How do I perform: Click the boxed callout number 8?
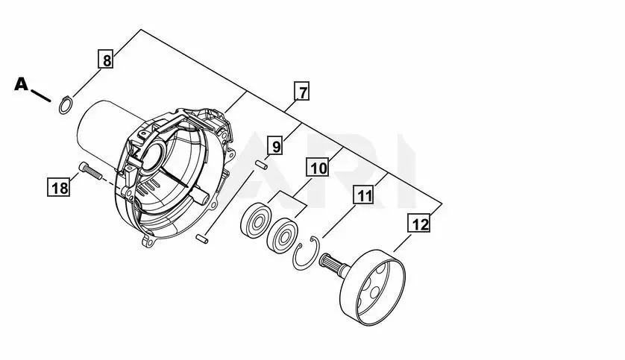106,60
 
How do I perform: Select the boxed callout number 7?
302,91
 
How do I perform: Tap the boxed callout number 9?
276,145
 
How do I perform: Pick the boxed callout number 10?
318,167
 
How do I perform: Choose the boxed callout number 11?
363,195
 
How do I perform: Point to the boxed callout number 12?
419,223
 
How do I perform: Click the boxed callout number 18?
59,187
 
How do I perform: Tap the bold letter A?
22,84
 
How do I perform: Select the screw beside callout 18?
90,171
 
